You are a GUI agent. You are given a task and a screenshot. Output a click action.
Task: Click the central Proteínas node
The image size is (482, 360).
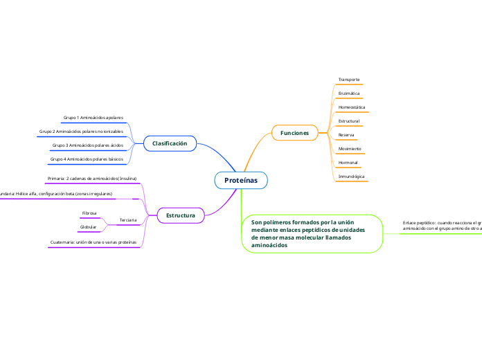240,180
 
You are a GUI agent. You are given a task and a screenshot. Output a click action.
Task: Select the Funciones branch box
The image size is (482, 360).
294,132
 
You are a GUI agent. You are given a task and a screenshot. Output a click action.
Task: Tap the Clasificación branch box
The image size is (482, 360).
170,143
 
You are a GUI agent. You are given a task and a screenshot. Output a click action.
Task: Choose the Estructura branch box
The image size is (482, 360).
180,216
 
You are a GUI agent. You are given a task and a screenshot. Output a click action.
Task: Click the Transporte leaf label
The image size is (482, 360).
348,80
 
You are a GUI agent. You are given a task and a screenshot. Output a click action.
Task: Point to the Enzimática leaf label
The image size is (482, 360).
348,93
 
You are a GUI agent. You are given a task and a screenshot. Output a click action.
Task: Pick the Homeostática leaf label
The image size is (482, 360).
351,107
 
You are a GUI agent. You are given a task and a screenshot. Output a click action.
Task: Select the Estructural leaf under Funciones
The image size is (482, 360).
348,121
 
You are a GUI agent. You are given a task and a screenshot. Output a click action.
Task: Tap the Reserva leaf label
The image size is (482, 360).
346,135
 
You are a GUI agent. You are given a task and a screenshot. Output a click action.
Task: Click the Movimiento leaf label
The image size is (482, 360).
349,149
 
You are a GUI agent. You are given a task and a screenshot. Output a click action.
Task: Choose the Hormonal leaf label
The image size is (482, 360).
348,163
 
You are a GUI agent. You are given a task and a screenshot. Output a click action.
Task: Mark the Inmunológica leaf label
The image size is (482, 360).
351,177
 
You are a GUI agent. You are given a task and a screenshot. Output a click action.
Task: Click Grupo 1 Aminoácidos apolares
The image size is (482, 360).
93,118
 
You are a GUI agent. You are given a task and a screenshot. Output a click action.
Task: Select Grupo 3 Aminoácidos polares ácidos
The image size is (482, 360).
87,145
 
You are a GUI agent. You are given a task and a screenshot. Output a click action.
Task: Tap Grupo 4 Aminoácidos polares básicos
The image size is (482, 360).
87,159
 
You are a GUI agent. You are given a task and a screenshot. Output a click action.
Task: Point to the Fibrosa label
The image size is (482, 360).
89,213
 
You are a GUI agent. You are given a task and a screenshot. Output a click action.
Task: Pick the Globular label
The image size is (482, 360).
89,227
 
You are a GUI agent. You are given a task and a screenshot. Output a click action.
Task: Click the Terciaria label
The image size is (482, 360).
127,220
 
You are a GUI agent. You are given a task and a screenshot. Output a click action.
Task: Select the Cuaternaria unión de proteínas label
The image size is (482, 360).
93,242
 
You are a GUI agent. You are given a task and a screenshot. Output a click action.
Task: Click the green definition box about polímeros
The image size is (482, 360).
312,233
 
